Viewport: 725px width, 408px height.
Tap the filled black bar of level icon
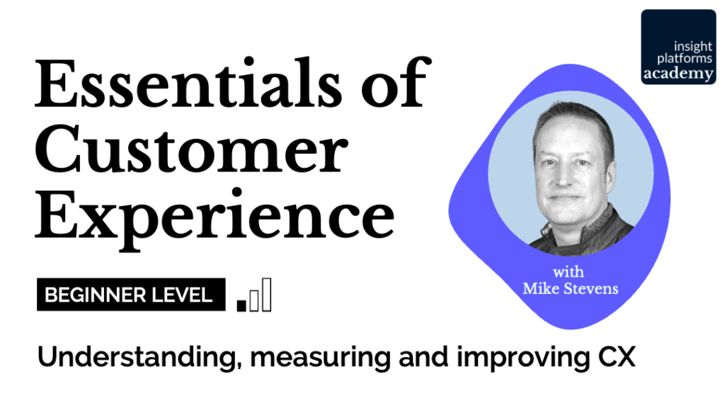coord(241,305)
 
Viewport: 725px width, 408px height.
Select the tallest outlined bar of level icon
coord(266,295)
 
